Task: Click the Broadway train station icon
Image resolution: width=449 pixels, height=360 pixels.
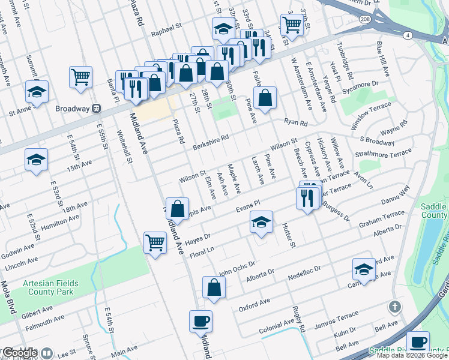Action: (x=95, y=109)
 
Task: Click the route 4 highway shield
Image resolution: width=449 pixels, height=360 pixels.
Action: (x=408, y=36)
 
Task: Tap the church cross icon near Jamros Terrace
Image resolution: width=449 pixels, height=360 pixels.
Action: (x=394, y=307)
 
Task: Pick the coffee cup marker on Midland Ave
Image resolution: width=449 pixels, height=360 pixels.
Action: (x=200, y=320)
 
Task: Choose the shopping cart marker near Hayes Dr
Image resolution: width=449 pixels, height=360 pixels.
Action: (x=155, y=243)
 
